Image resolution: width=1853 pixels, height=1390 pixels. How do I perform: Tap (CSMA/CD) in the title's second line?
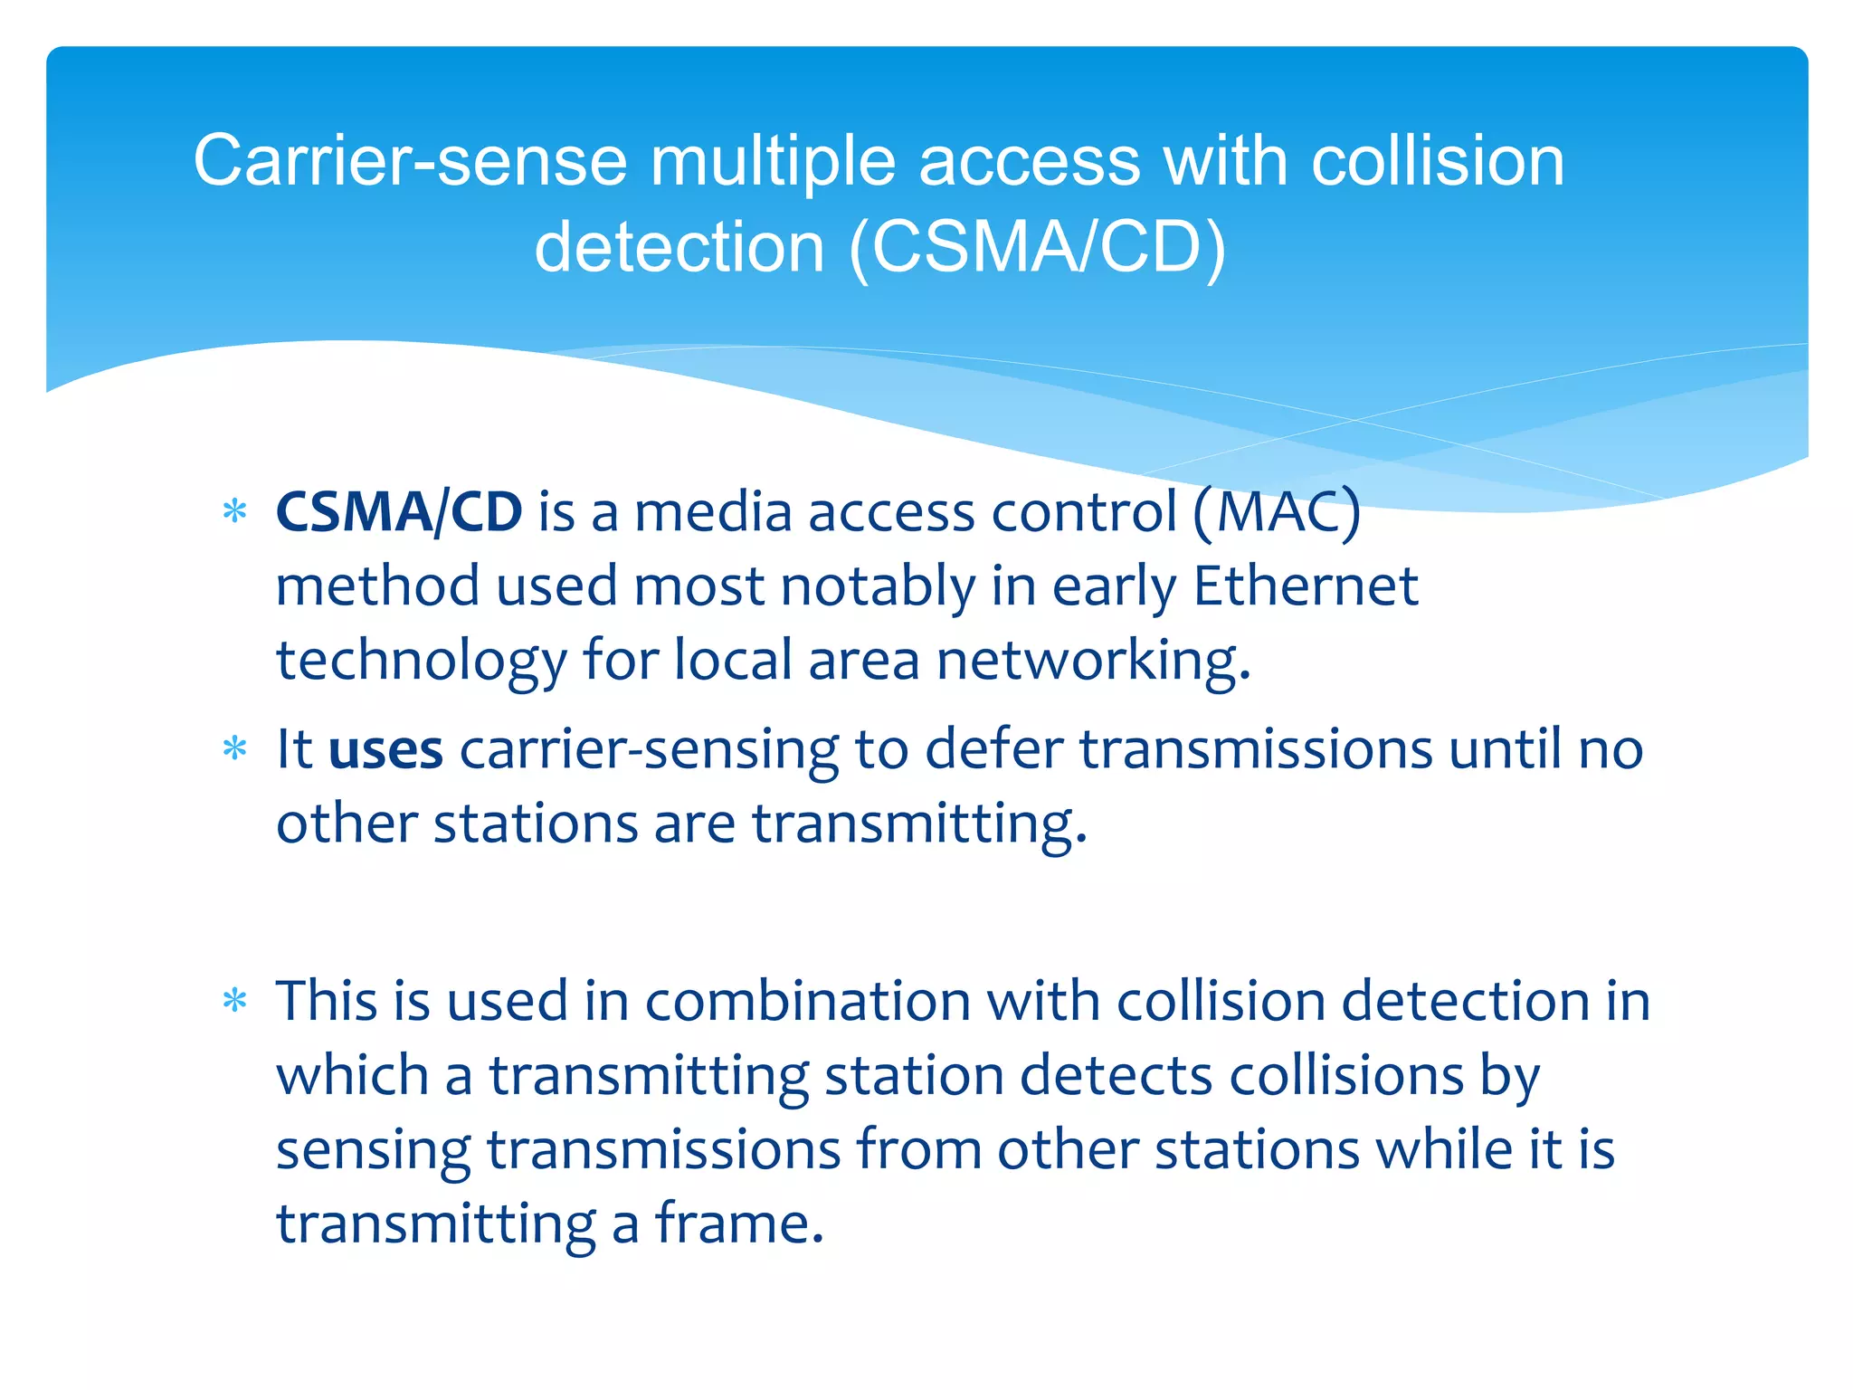coord(1038,247)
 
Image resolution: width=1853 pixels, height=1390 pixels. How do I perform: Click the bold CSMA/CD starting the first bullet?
coord(399,512)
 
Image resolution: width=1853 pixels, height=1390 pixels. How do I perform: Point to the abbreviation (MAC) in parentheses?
coord(1277,512)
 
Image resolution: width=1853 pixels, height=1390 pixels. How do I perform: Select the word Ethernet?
coord(1305,586)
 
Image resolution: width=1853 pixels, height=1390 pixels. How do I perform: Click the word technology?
coord(421,661)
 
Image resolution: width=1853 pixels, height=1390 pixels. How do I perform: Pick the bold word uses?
coord(385,750)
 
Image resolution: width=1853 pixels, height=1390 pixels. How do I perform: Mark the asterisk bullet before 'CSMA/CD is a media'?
coord(235,512)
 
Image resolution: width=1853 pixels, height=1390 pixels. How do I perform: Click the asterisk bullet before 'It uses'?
coord(235,749)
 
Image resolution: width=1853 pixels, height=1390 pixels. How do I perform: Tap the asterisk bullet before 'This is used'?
coord(235,1001)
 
